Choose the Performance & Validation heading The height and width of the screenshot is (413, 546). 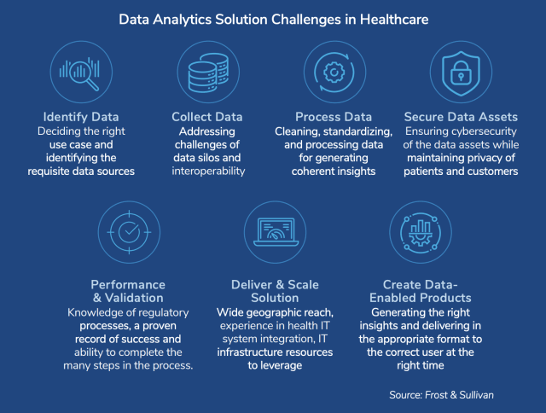coord(129,291)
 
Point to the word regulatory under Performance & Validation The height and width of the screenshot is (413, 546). coord(160,312)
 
